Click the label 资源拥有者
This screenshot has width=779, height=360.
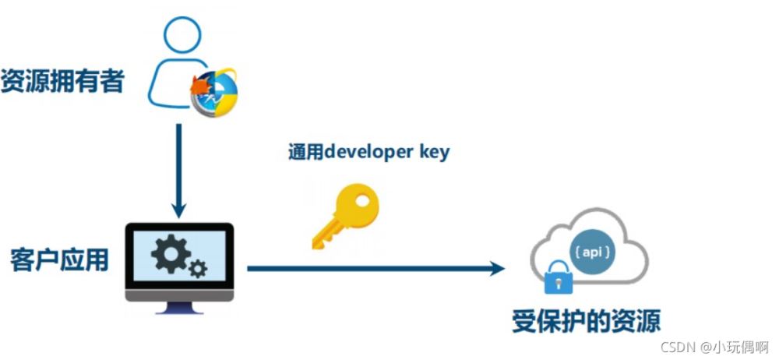[62, 81]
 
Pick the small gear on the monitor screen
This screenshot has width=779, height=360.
[198, 270]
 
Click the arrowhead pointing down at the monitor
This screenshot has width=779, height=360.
[179, 210]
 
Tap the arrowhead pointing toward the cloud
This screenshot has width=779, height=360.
[496, 269]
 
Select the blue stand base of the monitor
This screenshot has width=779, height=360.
[179, 310]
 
